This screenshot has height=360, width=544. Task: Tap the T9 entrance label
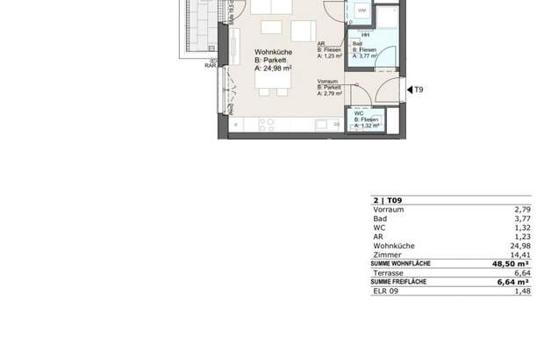[x=419, y=90]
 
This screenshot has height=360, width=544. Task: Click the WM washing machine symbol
[x=362, y=11]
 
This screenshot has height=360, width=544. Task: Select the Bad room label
[x=357, y=43]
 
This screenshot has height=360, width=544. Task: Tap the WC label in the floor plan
[x=359, y=113]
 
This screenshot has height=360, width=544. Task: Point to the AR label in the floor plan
[x=323, y=43]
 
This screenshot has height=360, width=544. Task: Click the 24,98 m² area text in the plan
[x=274, y=67]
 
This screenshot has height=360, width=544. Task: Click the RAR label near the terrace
[x=211, y=65]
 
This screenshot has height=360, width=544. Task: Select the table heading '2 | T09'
[x=388, y=201]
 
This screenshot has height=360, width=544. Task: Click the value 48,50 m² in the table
[x=510, y=263]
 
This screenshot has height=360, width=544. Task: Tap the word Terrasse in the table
[x=389, y=272]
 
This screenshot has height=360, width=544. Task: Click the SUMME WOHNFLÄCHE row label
[x=400, y=263]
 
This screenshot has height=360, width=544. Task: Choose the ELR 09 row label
[x=386, y=291]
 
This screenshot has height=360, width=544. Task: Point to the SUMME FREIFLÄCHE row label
[x=399, y=281]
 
